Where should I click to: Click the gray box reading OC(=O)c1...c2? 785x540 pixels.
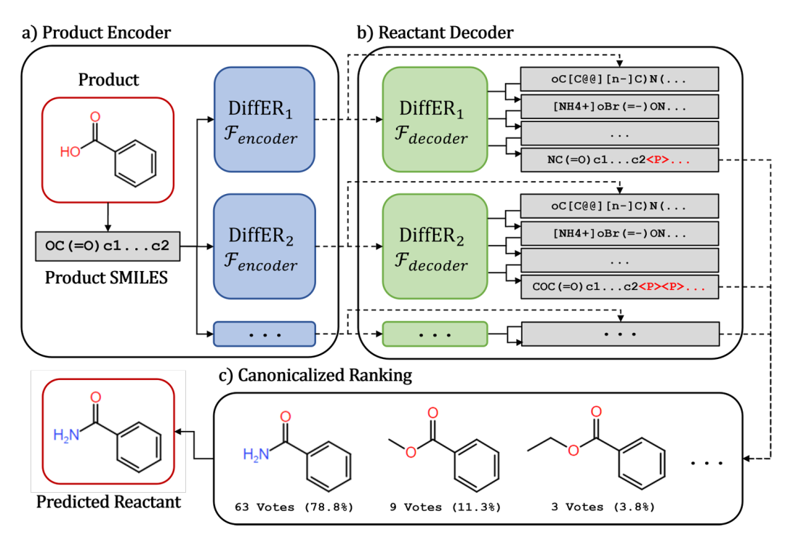click(108, 247)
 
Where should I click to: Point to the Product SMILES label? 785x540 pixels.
click(108, 277)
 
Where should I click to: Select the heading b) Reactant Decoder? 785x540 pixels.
click(435, 32)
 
